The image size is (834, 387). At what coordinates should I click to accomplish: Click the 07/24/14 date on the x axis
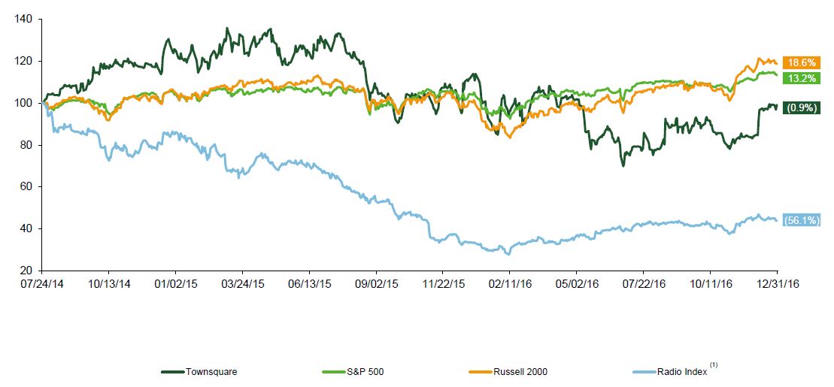[x=41, y=285]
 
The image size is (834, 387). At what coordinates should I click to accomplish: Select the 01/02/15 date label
[x=175, y=285]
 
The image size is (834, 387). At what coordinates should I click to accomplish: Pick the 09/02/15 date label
[x=376, y=285]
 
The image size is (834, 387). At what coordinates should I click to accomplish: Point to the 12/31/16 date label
[x=777, y=285]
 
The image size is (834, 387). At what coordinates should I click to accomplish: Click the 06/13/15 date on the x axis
[x=309, y=285]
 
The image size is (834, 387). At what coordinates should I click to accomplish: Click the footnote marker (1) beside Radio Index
[x=714, y=365]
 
